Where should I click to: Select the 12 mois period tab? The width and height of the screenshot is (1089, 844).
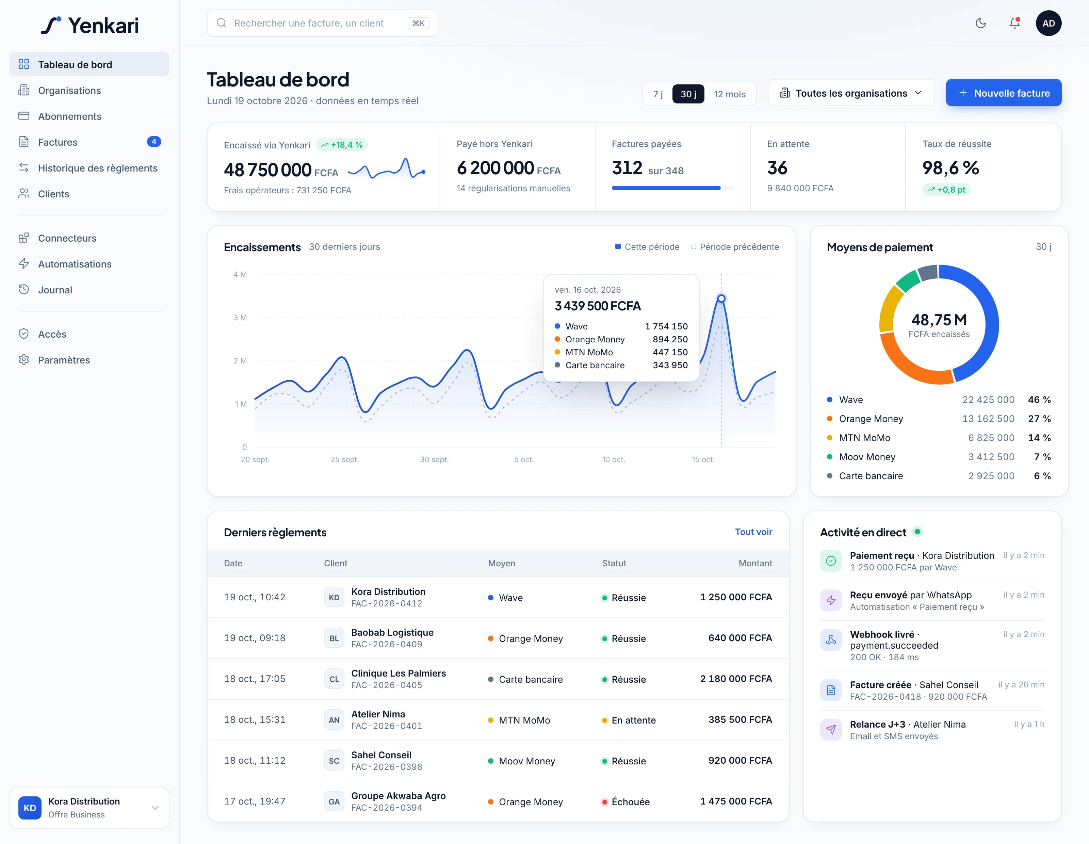tap(730, 94)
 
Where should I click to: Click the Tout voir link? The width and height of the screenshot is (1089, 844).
tap(753, 532)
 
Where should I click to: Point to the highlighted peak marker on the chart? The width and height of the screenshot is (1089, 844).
tap(721, 298)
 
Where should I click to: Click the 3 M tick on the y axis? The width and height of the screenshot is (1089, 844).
tap(240, 318)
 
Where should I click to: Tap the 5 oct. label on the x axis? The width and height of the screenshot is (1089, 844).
tap(523, 460)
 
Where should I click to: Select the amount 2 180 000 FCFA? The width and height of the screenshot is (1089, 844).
tap(736, 679)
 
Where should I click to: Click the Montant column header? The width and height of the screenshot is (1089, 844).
tap(755, 563)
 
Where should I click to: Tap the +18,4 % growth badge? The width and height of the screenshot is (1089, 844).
tap(342, 145)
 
